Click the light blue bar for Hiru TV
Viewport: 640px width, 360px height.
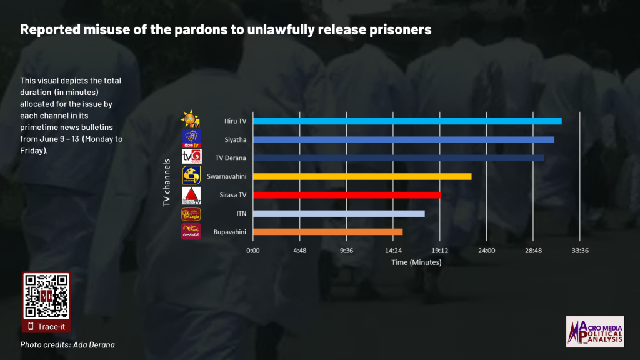pos(407,121)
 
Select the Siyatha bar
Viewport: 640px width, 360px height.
pos(403,139)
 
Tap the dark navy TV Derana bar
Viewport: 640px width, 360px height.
pos(398,157)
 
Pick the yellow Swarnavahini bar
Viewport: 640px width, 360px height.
pos(362,176)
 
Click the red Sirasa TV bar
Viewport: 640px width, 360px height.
pos(346,195)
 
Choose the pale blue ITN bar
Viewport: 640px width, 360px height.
pos(338,214)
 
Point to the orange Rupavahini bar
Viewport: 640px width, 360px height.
pos(327,232)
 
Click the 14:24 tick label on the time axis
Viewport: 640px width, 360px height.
pos(393,251)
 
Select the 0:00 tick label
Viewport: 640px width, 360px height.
pos(253,251)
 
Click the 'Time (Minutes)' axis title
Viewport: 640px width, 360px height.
pos(416,262)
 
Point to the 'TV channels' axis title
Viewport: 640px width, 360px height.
pos(167,182)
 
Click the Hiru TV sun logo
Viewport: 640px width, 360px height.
pos(190,118)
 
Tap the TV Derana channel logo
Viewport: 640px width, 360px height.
pos(191,156)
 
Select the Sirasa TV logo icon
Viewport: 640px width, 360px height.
pos(191,196)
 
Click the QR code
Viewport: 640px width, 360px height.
pos(46,296)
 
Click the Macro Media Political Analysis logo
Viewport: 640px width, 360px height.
pos(594,331)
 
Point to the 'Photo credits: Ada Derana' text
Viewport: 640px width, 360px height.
pos(67,344)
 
